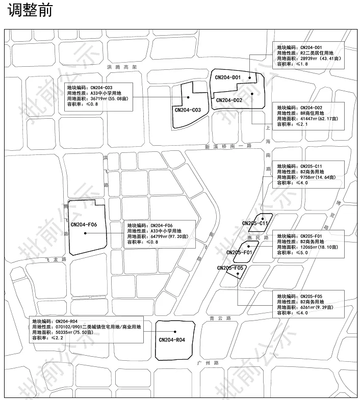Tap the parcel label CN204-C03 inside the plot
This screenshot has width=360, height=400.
pyautogui.click(x=187, y=110)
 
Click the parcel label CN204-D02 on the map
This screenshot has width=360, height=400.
pyautogui.click(x=229, y=100)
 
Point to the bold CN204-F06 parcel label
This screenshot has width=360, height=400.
pyautogui.click(x=84, y=224)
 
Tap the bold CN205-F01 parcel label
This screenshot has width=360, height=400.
pyautogui.click(x=239, y=253)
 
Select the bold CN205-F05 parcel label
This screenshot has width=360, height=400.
pyautogui.click(x=232, y=268)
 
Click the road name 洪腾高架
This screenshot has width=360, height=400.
pyautogui.click(x=120, y=67)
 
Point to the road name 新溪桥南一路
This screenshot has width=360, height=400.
pyautogui.click(x=229, y=146)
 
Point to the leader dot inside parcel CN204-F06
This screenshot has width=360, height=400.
pyautogui.click(x=85, y=233)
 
